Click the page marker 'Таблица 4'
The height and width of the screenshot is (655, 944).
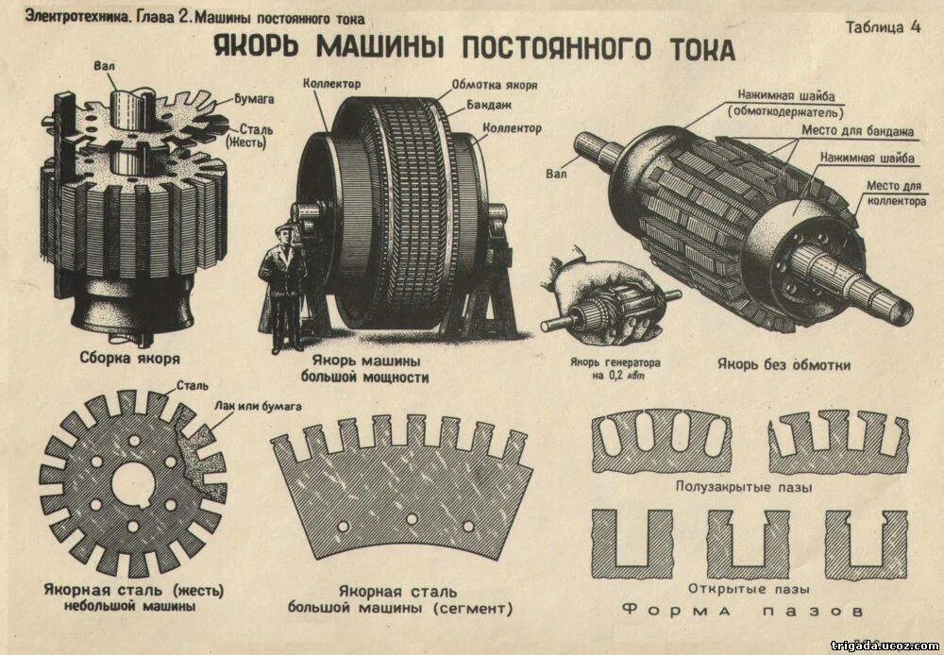(882, 26)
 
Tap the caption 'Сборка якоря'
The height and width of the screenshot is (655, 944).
(130, 360)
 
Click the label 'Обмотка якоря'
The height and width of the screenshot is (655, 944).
(494, 84)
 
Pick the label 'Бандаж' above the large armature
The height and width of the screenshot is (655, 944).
(490, 106)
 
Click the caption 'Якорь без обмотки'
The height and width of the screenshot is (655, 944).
(784, 363)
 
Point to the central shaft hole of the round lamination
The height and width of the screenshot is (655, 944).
(133, 481)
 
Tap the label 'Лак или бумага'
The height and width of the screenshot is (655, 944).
(257, 406)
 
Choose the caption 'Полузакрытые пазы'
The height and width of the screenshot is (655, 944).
(744, 487)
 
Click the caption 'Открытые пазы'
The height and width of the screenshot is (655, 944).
(748, 589)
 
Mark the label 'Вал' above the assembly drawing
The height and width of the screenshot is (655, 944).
(105, 66)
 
